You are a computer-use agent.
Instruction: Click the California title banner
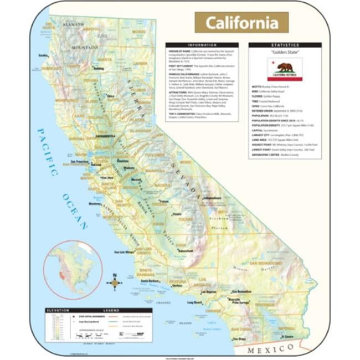[x=241, y=23]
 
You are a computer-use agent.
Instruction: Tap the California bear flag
[x=284, y=69]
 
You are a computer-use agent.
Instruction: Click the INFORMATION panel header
[x=202, y=45]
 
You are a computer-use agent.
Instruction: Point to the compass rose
[x=115, y=282]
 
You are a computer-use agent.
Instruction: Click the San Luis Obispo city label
[x=124, y=253]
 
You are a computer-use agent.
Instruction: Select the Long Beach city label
[x=195, y=303]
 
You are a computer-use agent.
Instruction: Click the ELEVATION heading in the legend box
[x=58, y=310]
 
